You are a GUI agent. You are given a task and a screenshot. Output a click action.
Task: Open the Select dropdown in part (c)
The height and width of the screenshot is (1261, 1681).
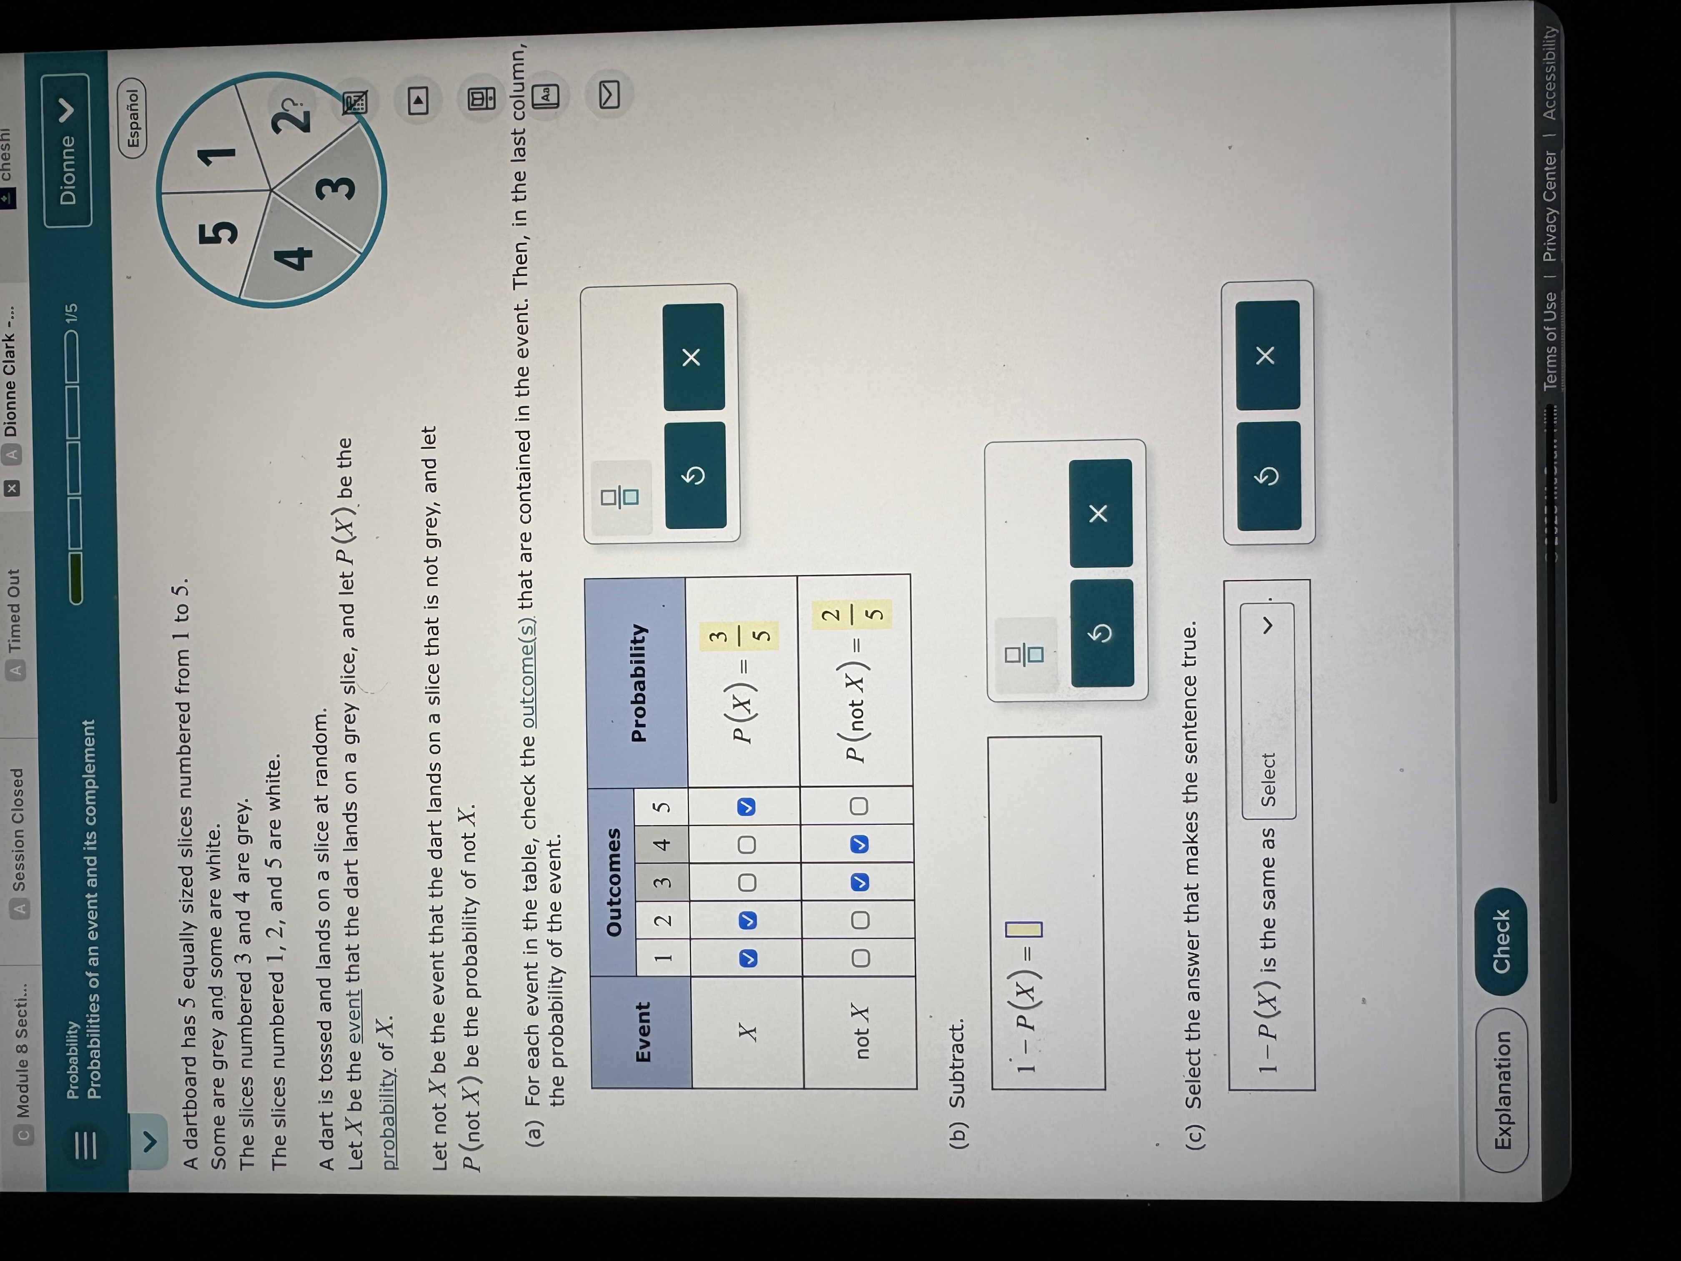pos(1267,711)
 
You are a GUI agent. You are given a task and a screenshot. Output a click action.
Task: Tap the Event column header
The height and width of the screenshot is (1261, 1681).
pos(642,1032)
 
